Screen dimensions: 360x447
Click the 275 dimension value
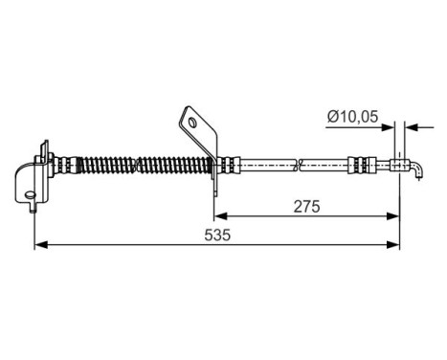click(x=305, y=205)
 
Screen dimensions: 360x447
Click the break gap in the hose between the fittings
click(x=299, y=165)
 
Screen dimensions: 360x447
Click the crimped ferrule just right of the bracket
click(x=232, y=165)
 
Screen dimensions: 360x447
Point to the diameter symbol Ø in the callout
click(x=330, y=117)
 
